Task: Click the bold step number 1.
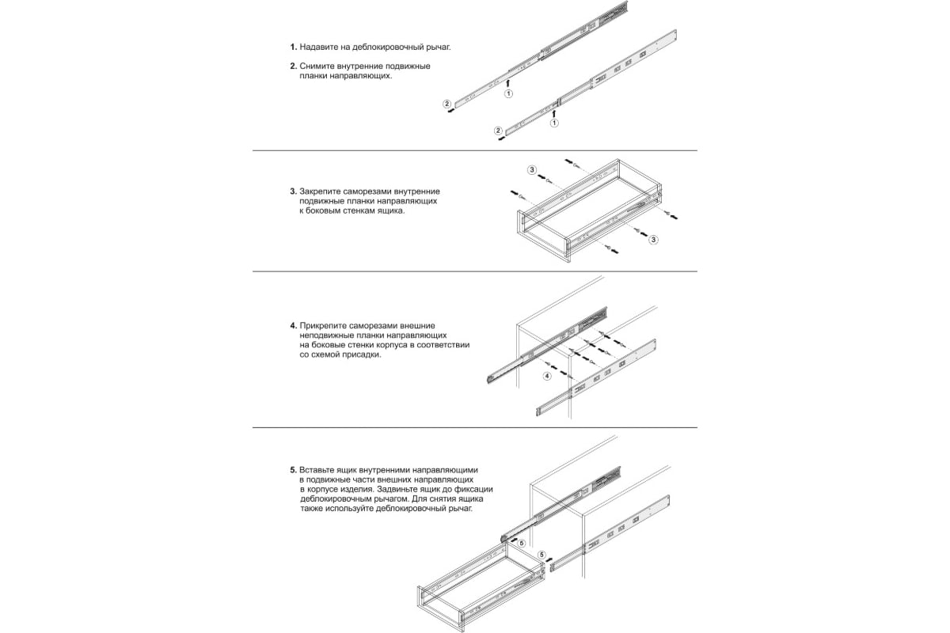pyautogui.click(x=293, y=47)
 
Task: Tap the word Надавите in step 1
pyautogui.click(x=320, y=47)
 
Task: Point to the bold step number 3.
pyautogui.click(x=293, y=191)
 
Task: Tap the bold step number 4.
pyautogui.click(x=293, y=325)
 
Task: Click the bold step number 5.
pyautogui.click(x=293, y=469)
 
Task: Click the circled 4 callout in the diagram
pyautogui.click(x=546, y=377)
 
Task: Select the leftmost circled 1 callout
pyautogui.click(x=508, y=93)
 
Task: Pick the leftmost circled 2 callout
pyautogui.click(x=446, y=104)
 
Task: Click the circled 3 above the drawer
pyautogui.click(x=532, y=170)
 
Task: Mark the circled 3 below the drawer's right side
pyautogui.click(x=652, y=239)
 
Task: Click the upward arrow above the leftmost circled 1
pyautogui.click(x=508, y=80)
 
